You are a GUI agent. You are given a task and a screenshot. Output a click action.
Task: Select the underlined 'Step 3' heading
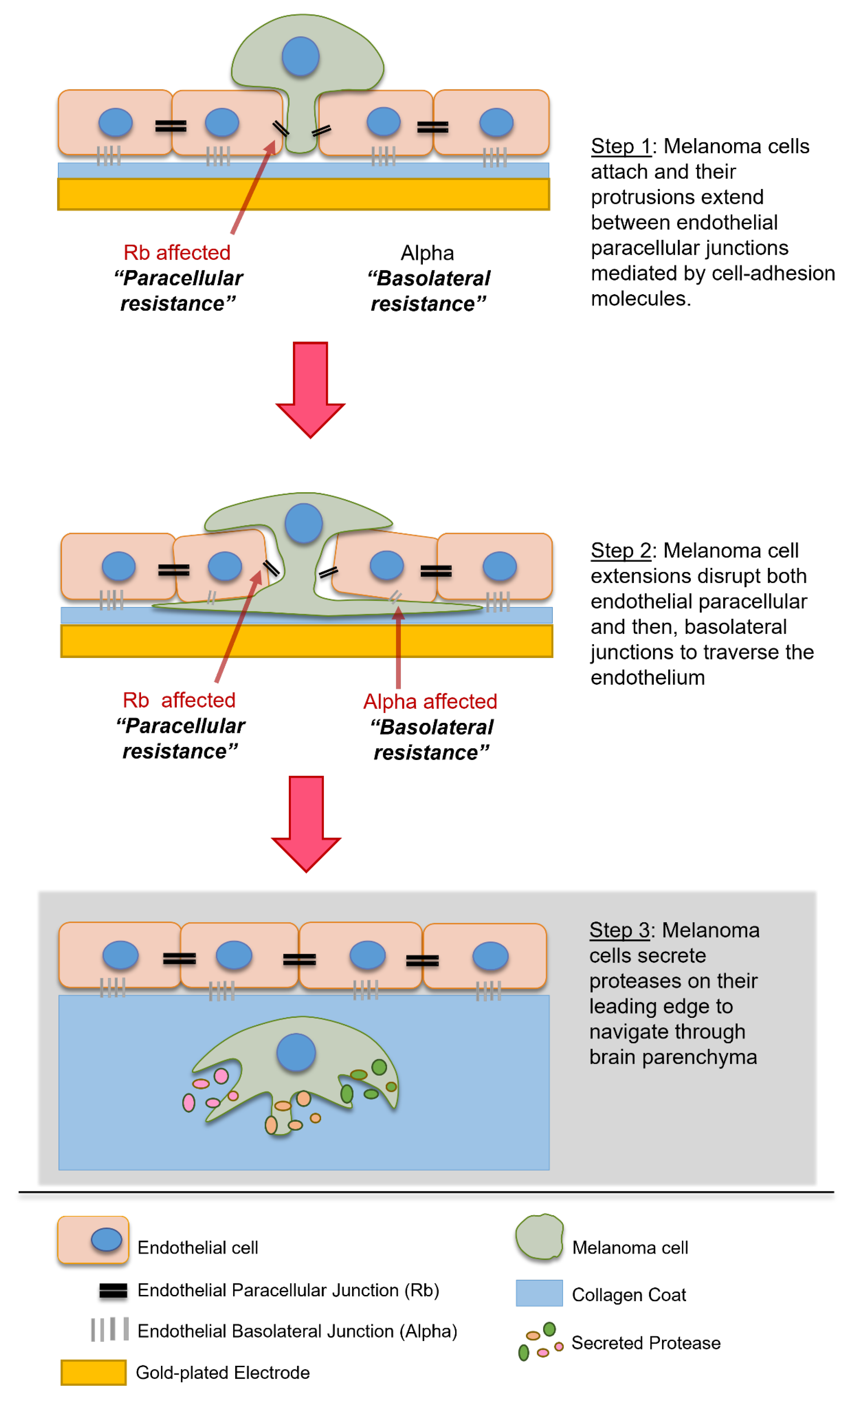point(619,930)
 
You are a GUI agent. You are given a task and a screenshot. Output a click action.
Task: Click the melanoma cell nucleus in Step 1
point(300,57)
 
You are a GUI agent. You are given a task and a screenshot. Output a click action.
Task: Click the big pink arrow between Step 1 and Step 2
point(310,388)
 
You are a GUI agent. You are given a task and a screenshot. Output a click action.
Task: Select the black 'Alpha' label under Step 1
point(427,253)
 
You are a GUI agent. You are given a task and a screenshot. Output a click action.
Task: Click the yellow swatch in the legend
point(93,1372)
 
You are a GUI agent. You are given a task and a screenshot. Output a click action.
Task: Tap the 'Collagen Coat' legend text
point(629,1294)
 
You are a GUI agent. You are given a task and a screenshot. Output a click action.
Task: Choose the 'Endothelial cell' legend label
point(198,1247)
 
